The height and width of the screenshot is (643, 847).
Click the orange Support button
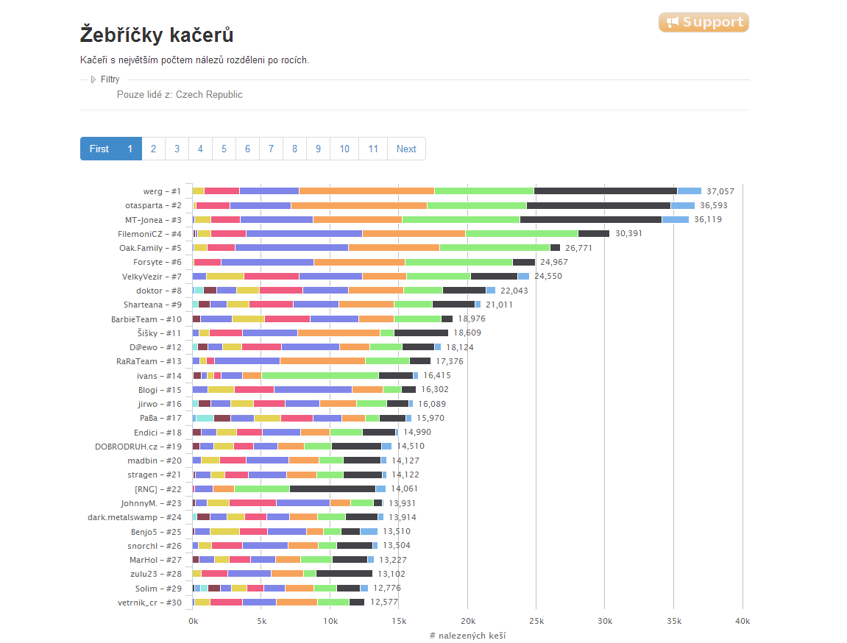coord(704,22)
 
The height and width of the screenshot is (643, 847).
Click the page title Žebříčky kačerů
coord(157,35)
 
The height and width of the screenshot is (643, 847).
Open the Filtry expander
coord(105,79)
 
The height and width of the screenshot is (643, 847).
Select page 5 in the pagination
coord(224,149)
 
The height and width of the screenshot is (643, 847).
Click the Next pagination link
coord(406,149)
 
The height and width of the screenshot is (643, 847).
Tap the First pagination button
coord(99,149)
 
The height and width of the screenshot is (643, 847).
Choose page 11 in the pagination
coord(372,149)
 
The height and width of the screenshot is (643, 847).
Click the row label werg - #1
coord(162,191)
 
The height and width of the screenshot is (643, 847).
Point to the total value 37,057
coord(720,191)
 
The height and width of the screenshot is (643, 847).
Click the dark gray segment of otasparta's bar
coord(598,206)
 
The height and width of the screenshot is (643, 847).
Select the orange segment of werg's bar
coord(366,191)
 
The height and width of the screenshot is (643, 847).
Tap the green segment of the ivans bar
coord(320,376)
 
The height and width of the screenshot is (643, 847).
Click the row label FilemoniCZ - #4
coord(149,234)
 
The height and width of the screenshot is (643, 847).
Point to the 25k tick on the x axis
coord(536,621)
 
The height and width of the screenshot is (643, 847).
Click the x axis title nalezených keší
coord(472,636)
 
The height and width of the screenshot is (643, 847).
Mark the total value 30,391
coord(628,233)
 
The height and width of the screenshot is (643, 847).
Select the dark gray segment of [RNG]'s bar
coord(333,489)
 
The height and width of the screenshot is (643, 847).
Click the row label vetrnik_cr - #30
coord(149,603)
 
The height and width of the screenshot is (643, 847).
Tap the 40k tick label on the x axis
coord(743,621)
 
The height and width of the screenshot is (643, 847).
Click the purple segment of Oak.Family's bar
coord(291,248)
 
